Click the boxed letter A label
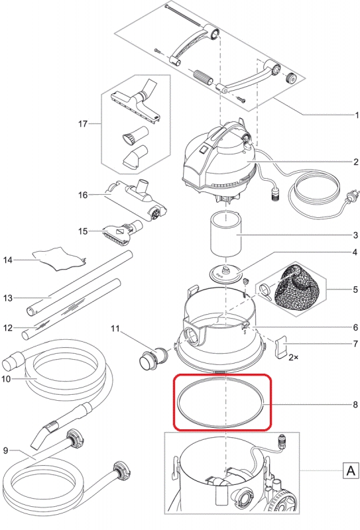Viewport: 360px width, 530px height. coord(351,470)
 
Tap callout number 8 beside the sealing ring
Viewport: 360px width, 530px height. coord(355,405)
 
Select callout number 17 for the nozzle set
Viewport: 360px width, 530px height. coord(83,124)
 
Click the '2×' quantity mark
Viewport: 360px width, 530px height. coord(293,357)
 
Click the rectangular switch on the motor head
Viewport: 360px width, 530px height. coord(204,150)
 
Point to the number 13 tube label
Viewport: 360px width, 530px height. coord(8,298)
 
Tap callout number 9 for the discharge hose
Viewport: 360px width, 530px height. coord(5,450)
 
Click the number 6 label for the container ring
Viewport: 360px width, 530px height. coord(355,327)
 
